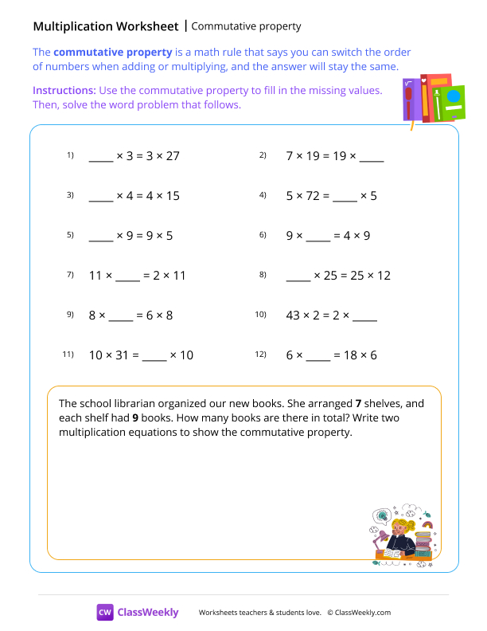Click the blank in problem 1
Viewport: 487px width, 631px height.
[x=101, y=157]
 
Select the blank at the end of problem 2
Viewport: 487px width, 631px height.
[x=372, y=157]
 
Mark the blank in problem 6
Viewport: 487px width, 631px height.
[x=318, y=237]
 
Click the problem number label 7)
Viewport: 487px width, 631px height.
[x=70, y=275]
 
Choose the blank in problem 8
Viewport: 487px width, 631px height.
[x=298, y=276]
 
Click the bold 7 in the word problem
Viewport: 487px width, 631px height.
[x=358, y=403]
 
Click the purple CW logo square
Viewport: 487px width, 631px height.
[x=105, y=612]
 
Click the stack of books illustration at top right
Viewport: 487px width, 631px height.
[x=432, y=100]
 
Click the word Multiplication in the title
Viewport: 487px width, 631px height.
[x=76, y=26]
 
